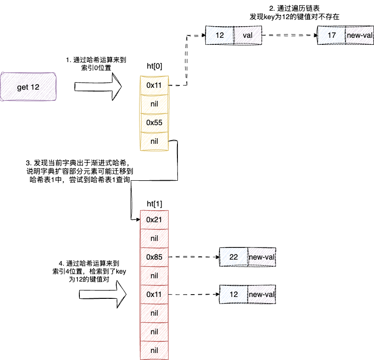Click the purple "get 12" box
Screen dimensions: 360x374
tap(28, 87)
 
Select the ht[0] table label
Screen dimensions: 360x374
tap(155, 66)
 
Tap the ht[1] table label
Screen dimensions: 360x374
tap(155, 205)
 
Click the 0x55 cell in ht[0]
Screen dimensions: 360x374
tap(154, 123)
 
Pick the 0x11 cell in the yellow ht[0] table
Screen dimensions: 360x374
tap(154, 85)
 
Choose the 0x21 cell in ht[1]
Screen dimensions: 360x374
tap(154, 219)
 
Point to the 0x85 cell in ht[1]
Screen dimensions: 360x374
tap(154, 257)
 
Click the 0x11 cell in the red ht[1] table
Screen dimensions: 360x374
tap(154, 294)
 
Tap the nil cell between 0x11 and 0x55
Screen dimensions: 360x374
tap(154, 104)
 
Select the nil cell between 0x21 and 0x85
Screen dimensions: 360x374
tap(154, 238)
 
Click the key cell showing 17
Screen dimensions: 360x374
tap(331, 35)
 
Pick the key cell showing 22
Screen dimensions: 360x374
tap(234, 257)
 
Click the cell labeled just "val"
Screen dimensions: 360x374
tap(247, 35)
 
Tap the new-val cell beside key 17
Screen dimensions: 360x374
tap(359, 35)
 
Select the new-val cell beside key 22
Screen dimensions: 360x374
tap(261, 257)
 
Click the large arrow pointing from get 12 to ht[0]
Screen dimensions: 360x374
tap(98, 86)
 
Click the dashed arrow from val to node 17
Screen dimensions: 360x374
tap(289, 35)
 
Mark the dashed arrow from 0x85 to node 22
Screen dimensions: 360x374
tap(194, 257)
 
